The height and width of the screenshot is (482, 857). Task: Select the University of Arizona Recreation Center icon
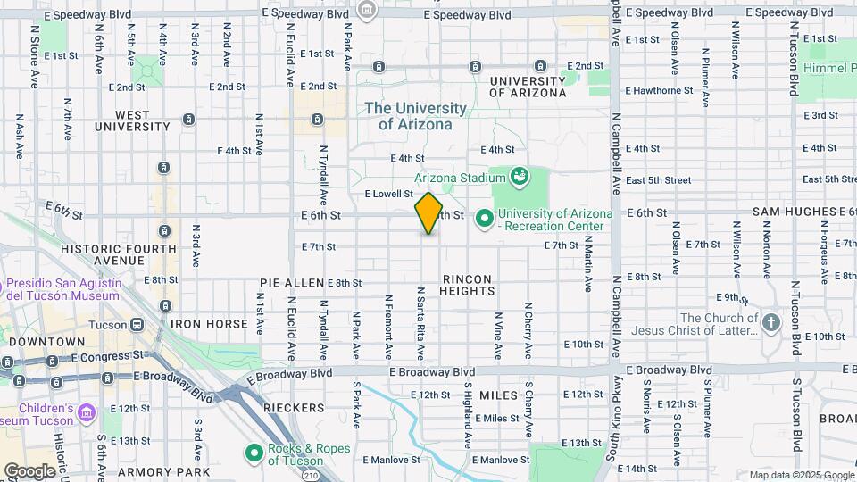(485, 217)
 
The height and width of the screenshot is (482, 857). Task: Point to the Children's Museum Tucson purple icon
(86, 411)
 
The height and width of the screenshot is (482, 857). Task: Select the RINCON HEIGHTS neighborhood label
(468, 285)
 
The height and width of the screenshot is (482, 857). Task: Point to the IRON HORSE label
(209, 324)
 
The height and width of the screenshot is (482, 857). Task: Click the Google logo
(29, 470)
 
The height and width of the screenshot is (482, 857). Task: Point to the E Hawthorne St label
(659, 90)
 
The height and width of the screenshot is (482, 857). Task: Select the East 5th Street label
(659, 179)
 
